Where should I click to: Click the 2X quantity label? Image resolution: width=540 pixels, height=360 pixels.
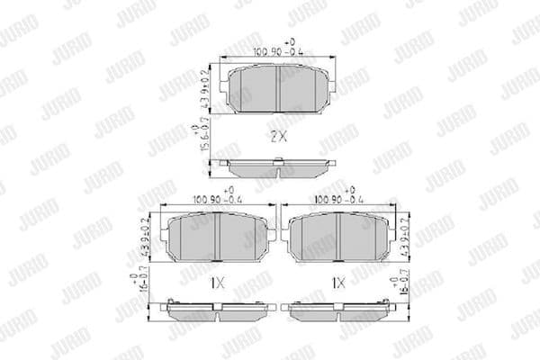click(278, 138)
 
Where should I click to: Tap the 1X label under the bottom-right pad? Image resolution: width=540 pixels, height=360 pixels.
click(338, 282)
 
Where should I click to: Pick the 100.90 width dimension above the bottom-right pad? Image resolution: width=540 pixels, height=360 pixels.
click(336, 200)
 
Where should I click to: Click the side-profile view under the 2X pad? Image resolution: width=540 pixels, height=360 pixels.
click(279, 166)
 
